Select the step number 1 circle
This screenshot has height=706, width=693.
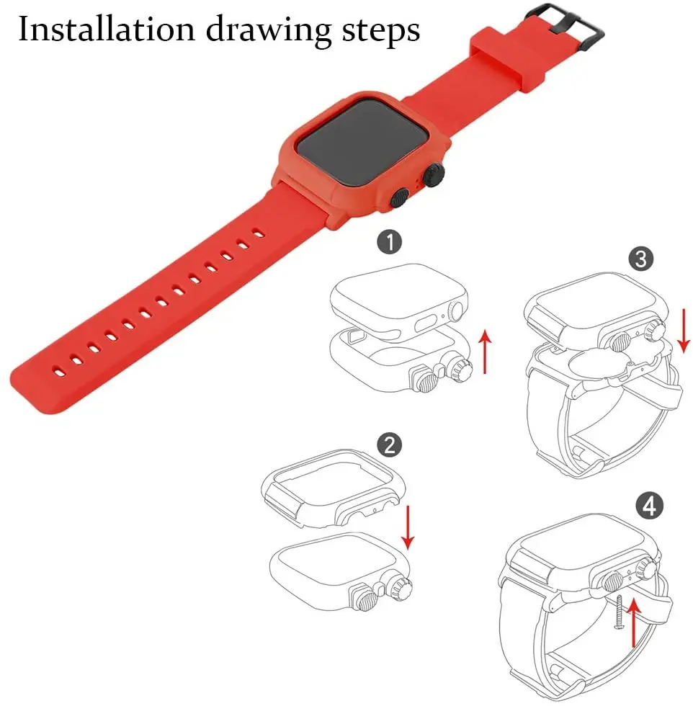point(390,242)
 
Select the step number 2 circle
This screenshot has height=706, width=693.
point(389,444)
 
